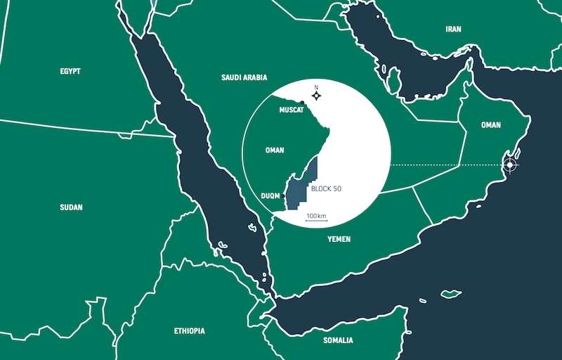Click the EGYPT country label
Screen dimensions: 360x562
[x=70, y=71]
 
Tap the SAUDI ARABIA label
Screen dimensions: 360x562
[x=244, y=78]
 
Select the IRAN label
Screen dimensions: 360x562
[x=453, y=30]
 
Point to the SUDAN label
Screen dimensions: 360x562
[x=71, y=207]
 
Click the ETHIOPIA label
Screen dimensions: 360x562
[x=190, y=330]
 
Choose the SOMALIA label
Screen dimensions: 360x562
[x=338, y=340]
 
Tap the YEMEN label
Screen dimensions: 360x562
[x=339, y=239]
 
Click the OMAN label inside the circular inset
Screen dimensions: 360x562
[x=275, y=150]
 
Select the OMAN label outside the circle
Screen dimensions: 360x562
[x=491, y=125]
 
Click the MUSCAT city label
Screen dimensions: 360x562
[x=291, y=110]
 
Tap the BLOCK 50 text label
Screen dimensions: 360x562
[x=326, y=189]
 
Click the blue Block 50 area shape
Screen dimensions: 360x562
[x=305, y=184]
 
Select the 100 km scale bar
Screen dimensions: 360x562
[x=316, y=220]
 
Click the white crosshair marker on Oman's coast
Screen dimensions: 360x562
[x=509, y=165]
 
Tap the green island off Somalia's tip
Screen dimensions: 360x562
[x=451, y=293]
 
